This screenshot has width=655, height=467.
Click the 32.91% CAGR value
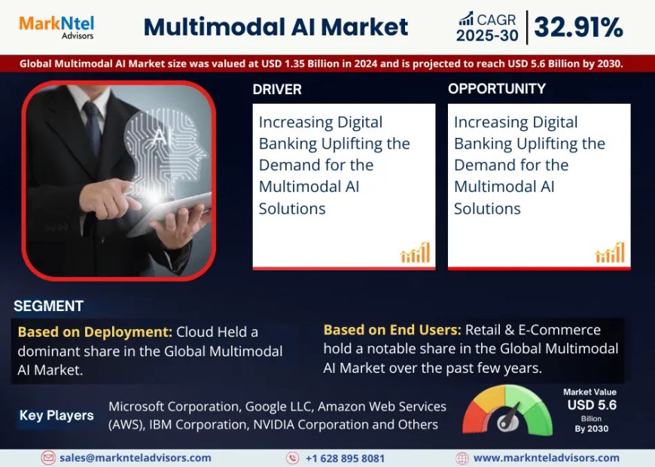578,28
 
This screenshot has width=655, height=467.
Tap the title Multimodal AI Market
276,28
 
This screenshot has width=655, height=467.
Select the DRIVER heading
277,89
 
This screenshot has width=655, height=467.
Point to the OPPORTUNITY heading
496,89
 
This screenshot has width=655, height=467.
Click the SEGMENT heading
48,306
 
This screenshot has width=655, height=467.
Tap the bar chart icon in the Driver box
415,252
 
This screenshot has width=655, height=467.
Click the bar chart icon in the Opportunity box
610,252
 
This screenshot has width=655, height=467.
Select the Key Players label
56,415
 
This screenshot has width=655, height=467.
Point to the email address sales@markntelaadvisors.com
136,457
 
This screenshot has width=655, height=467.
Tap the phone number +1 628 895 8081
345,457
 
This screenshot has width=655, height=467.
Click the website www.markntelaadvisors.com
546,457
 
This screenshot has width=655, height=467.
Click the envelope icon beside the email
49,457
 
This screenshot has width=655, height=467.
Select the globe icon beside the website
462,457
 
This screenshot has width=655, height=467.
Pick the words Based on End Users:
392,329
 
